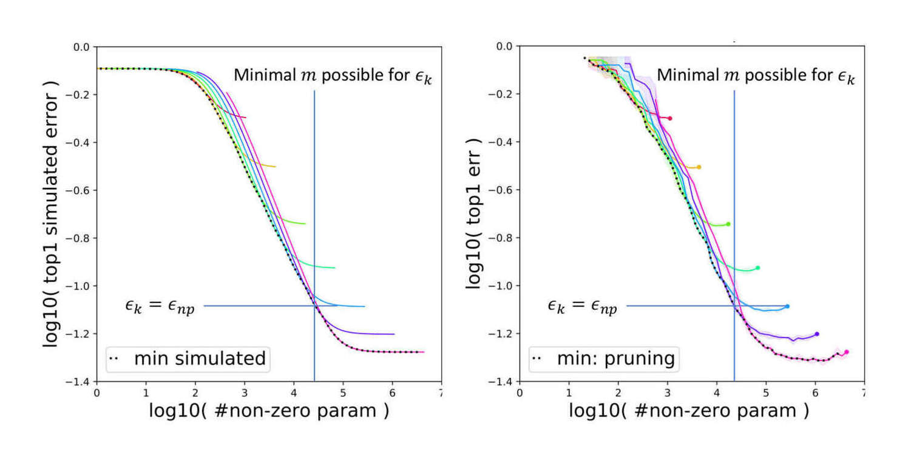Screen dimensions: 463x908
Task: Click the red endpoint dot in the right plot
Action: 669,118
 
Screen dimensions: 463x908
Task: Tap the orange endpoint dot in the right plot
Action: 699,167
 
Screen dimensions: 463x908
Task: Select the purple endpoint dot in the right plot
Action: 817,334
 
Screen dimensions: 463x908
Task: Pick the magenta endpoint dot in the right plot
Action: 846,352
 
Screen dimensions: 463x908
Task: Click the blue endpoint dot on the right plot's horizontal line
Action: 787,306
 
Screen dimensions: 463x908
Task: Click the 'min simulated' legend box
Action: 188,358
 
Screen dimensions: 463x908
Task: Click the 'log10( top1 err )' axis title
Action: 475,213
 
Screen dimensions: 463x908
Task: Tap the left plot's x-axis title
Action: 268,411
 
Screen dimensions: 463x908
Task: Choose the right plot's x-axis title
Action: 689,411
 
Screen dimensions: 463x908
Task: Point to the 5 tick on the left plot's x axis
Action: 343,392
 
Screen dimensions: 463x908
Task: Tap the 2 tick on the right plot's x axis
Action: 618,392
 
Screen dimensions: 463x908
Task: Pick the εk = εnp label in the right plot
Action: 582,306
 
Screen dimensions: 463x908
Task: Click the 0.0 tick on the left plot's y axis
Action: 81,47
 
